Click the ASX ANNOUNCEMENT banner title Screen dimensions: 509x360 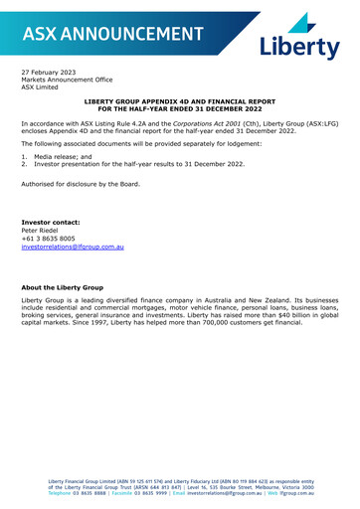click(x=111, y=34)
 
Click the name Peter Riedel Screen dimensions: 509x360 click(x=44, y=230)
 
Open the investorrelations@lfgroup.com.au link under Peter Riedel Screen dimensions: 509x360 click(x=81, y=247)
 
